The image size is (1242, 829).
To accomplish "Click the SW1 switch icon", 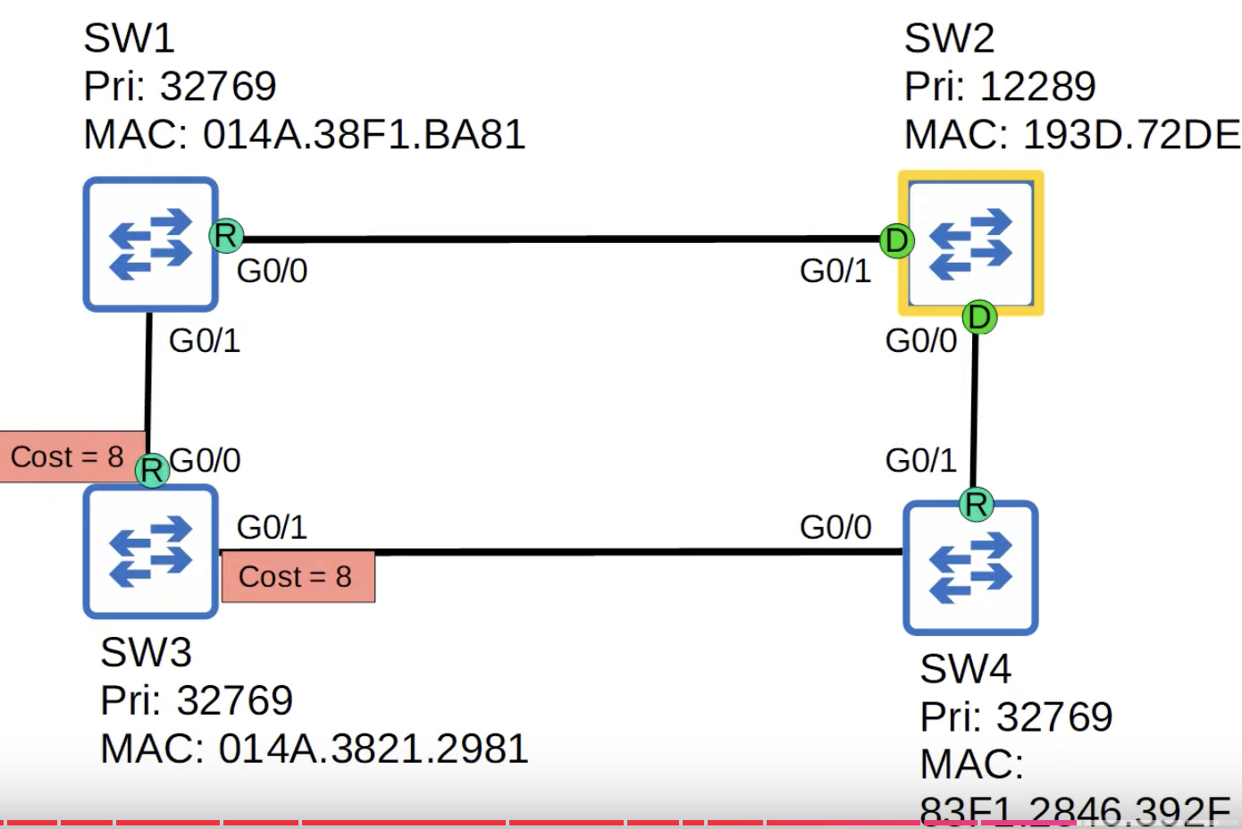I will tap(150, 244).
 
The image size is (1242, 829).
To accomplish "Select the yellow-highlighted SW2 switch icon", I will tap(970, 243).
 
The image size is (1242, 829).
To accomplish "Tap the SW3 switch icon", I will tap(150, 551).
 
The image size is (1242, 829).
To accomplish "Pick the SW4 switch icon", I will tap(970, 567).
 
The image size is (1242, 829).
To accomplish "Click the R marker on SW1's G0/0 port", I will tap(226, 236).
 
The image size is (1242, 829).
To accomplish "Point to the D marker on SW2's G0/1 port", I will tap(896, 240).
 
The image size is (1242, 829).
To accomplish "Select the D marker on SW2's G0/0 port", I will tap(979, 317).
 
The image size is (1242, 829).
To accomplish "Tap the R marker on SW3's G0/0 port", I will tap(152, 470).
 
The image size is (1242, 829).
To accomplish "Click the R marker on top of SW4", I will tap(976, 505).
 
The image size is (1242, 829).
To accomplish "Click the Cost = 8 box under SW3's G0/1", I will tap(298, 577).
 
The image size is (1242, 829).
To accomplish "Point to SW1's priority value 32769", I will tap(218, 87).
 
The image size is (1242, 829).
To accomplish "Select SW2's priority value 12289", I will tap(1037, 87).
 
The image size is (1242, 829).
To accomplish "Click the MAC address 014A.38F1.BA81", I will tap(364, 135).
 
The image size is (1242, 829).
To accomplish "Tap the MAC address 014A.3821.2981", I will tap(373, 749).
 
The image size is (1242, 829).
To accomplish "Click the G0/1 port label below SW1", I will tap(205, 340).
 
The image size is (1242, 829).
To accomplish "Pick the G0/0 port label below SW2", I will tap(920, 340).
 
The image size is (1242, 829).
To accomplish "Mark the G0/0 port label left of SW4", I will tap(835, 527).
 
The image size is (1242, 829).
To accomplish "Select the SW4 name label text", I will tap(965, 668).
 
